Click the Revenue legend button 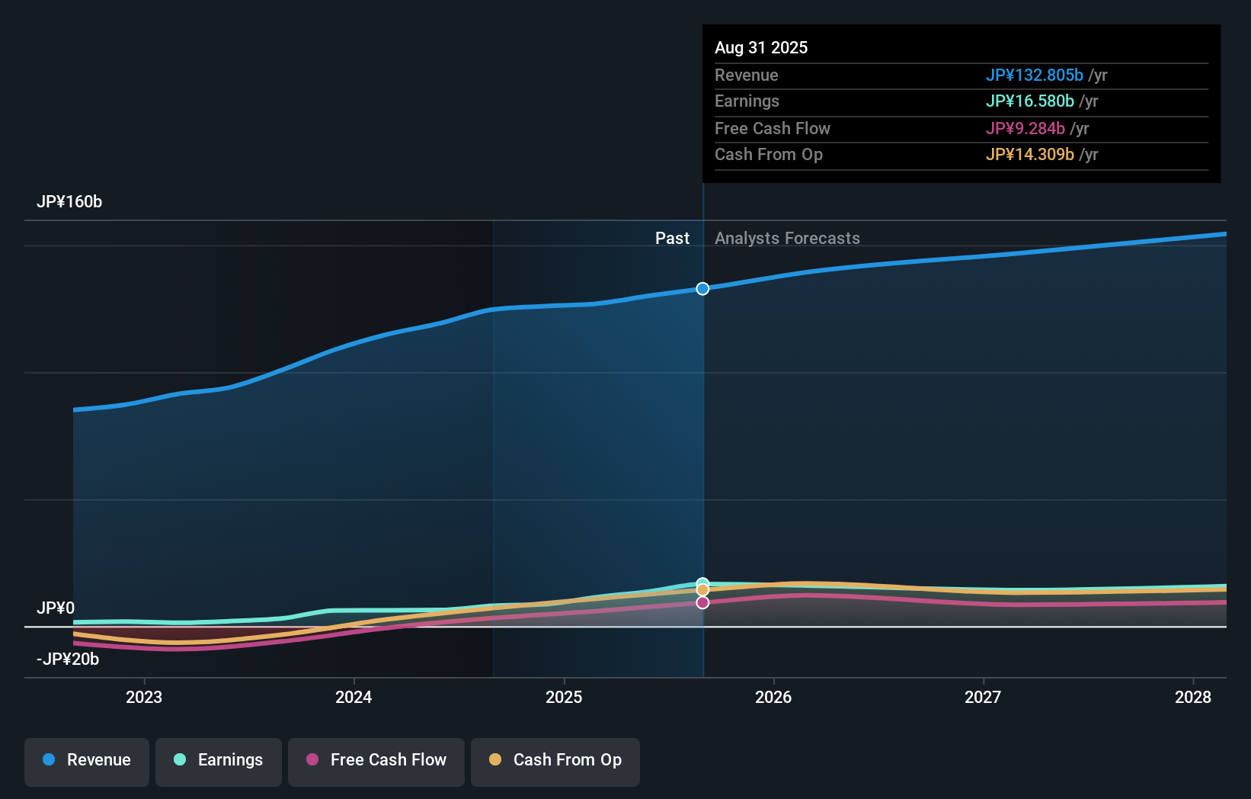(87, 760)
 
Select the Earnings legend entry (219, 760)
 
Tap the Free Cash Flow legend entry (376, 760)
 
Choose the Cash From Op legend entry (555, 760)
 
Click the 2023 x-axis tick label (144, 697)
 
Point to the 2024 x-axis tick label (354, 697)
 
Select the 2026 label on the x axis (773, 697)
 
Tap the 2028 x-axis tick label (1192, 697)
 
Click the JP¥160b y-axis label (69, 202)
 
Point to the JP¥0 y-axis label (56, 608)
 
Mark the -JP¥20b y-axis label (68, 659)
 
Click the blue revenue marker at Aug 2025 (702, 289)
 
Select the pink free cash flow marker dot (702, 602)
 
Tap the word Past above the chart (672, 239)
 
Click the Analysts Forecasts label (787, 239)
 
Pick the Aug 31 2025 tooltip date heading (761, 48)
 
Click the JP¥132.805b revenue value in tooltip (1034, 75)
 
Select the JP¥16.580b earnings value (1029, 101)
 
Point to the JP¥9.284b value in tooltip (1025, 129)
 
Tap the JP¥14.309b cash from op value (1029, 155)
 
